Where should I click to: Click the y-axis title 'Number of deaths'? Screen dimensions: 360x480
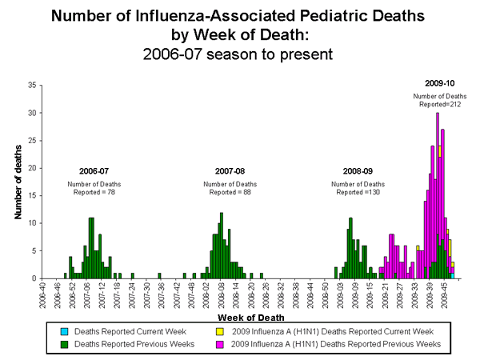(x=18, y=182)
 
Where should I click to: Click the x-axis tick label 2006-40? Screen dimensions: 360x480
(x=45, y=294)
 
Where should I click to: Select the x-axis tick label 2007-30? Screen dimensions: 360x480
(x=148, y=294)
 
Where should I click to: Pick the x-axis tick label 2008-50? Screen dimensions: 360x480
(x=325, y=294)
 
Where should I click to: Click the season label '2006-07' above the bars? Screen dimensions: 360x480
(x=94, y=171)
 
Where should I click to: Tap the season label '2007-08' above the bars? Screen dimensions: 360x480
(x=230, y=171)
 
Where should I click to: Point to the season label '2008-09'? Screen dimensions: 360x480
(x=358, y=171)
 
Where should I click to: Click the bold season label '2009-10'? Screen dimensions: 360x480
(x=439, y=82)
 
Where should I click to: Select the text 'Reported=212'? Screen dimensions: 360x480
(x=439, y=105)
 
